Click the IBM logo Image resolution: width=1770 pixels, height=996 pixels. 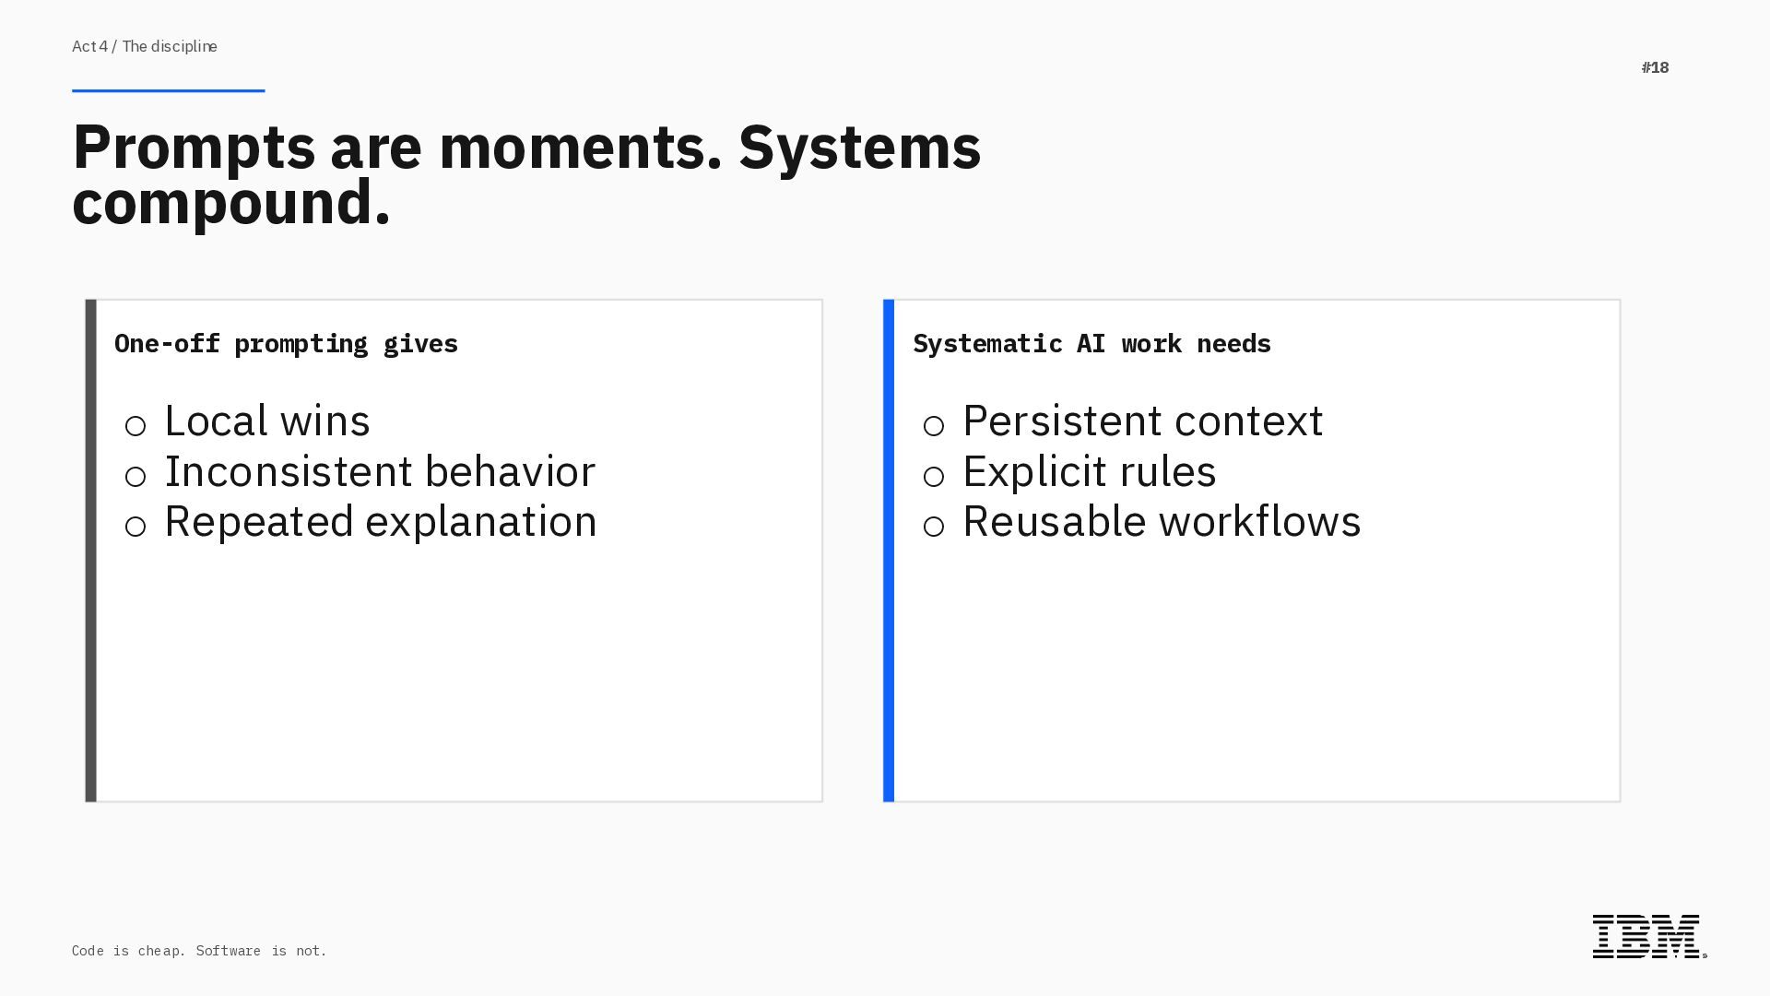[x=1648, y=936]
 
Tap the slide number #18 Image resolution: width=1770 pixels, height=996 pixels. [x=1655, y=67]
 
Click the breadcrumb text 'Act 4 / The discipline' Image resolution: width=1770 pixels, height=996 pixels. [x=145, y=46]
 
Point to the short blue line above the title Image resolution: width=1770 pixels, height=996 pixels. [x=168, y=90]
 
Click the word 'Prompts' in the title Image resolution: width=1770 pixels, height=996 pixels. [x=194, y=148]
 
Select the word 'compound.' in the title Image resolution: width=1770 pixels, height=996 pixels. [x=231, y=203]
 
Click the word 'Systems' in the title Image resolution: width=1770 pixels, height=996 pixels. [x=859, y=148]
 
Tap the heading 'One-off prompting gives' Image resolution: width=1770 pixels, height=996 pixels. [x=286, y=344]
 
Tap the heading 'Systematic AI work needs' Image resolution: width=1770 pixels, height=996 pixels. [x=1091, y=344]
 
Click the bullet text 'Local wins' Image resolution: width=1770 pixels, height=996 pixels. [x=267, y=421]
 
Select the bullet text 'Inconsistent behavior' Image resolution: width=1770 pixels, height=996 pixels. [x=380, y=472]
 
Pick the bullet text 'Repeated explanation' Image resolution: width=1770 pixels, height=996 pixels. [x=381, y=522]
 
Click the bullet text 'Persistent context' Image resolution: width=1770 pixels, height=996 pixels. [x=1143, y=421]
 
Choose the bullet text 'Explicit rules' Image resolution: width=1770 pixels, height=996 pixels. [x=1090, y=472]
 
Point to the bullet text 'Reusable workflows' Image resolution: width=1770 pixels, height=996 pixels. [x=1162, y=522]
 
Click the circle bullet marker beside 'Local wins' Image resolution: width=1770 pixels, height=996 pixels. [x=136, y=426]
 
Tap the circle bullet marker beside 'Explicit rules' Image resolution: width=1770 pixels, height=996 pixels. [x=934, y=477]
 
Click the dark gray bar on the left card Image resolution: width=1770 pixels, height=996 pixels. [x=91, y=551]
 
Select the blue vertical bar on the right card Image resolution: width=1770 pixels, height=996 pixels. [x=889, y=551]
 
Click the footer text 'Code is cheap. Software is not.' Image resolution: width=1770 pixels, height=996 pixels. [x=199, y=951]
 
